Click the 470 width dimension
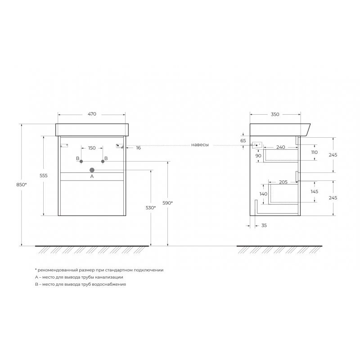tap(92, 114)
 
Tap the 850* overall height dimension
tap(22, 184)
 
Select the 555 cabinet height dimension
tap(43, 175)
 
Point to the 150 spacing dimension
tap(92, 148)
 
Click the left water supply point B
tap(81, 162)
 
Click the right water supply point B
tap(103, 162)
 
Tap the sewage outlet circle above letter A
tap(92, 170)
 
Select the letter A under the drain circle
tap(92, 176)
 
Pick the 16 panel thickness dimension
tap(139, 148)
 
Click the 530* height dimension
tap(151, 208)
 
